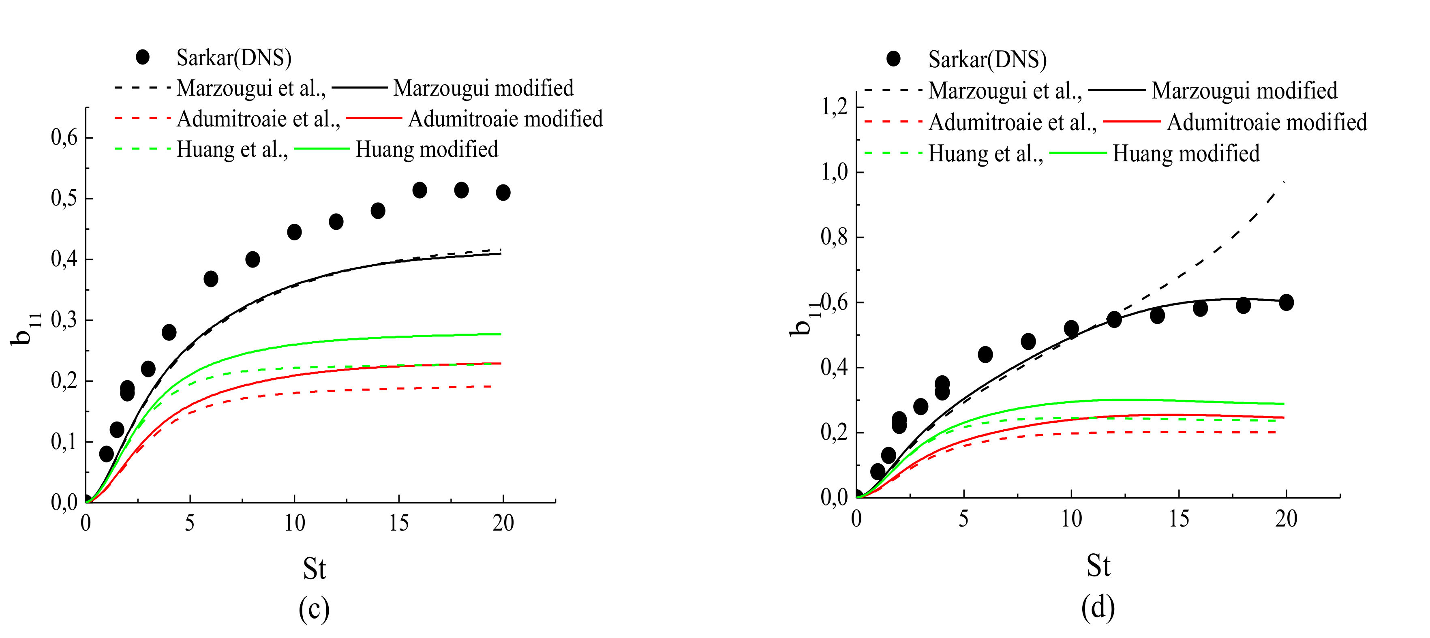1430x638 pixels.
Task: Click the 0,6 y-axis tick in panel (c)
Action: [65, 138]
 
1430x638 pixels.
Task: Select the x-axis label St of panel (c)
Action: [314, 568]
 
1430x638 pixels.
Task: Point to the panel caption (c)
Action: [314, 609]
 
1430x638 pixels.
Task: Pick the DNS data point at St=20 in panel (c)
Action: [503, 193]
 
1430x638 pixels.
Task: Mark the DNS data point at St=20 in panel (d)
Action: [1286, 303]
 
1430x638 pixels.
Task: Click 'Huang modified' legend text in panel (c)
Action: [426, 149]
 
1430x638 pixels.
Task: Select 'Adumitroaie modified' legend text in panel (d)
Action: [1266, 122]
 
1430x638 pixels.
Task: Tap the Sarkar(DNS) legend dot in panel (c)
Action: [143, 57]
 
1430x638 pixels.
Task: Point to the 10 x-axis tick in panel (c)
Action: [294, 523]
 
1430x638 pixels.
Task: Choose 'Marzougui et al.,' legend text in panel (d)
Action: [1005, 90]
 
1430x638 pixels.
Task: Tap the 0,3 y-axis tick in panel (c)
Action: [65, 320]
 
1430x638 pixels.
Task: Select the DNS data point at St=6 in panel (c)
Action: [211, 279]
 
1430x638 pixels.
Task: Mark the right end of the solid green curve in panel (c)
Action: [500, 334]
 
